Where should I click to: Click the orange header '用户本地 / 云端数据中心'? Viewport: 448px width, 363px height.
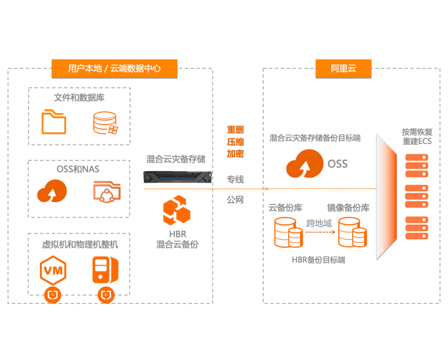point(114,69)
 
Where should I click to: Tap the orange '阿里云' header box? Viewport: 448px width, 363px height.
point(343,69)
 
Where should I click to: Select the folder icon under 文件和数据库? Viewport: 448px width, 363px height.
point(54,122)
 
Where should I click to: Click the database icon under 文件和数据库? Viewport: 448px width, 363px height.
point(105,123)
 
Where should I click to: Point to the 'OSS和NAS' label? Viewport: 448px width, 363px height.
point(78,169)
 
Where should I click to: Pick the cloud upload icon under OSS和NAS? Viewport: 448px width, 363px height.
point(52,191)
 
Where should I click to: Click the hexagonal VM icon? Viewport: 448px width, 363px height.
point(53,270)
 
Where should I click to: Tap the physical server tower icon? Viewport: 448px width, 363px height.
point(105,270)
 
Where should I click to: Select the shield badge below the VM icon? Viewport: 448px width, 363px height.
point(53,295)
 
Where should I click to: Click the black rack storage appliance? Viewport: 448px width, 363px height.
point(177,177)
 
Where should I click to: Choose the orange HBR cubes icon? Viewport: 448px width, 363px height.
point(177,210)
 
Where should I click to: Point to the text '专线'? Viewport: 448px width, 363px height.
point(235,180)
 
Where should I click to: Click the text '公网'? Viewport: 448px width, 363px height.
point(235,200)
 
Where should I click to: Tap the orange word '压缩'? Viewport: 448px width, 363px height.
point(235,142)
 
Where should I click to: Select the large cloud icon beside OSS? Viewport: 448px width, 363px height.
point(305,164)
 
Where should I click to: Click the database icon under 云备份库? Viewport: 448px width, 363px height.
point(289,232)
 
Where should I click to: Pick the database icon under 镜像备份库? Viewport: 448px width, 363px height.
point(352,232)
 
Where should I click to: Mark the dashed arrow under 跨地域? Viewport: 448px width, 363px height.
point(320,232)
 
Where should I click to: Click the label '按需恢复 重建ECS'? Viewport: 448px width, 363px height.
point(417,137)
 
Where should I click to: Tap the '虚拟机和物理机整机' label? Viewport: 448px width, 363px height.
point(80,245)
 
